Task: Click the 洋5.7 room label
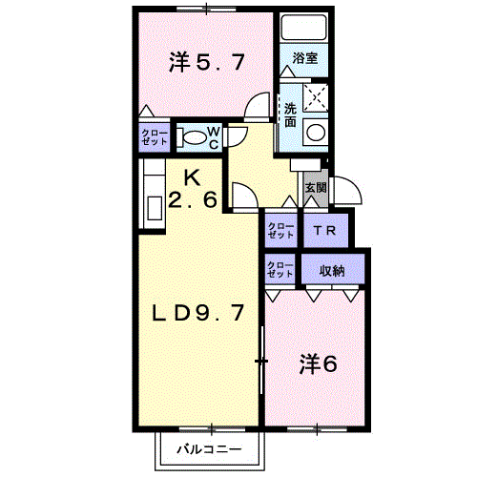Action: [207, 62]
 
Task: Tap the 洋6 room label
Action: [319, 363]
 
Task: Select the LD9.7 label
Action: [198, 313]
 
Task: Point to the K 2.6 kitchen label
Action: [193, 189]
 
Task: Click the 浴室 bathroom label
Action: [304, 58]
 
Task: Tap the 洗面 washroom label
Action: [290, 114]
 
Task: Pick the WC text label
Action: [214, 138]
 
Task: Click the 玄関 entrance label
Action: [316, 188]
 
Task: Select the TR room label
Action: [324, 231]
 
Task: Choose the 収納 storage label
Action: [332, 271]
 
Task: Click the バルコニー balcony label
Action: [209, 449]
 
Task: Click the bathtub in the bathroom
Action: [303, 27]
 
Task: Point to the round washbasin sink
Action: [316, 132]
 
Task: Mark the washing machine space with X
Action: [316, 97]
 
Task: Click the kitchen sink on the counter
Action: [155, 208]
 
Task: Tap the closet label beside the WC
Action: [154, 137]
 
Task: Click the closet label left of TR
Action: [280, 231]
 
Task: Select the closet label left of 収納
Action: [280, 270]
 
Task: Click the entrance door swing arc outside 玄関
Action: [355, 184]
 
